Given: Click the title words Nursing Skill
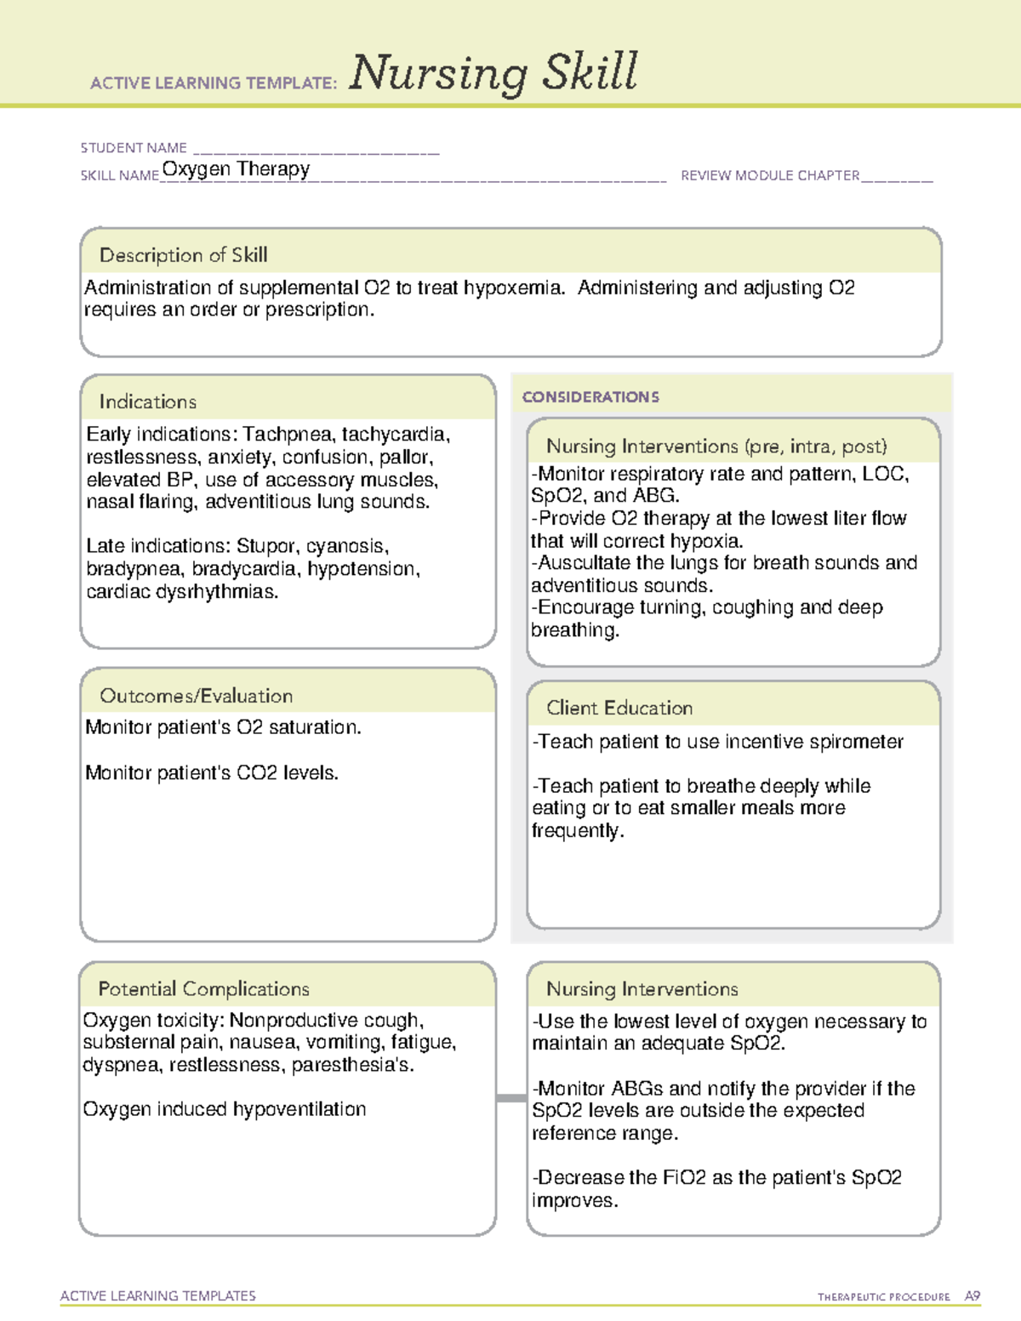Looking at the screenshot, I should coord(493,73).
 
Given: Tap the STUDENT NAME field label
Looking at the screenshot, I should coord(134,148).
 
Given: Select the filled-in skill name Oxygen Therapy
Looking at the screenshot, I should coord(236,169).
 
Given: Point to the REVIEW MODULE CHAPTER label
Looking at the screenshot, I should coord(770,175).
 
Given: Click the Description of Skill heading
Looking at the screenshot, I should coord(183,255).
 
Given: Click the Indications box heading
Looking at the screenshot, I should coord(147,401).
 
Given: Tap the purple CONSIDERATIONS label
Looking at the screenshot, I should coord(590,397).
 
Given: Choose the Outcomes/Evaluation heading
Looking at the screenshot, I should coord(196,696).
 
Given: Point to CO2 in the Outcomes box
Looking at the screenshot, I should coord(257,773).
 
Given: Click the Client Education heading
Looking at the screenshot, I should coord(619,708).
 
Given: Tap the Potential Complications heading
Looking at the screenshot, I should coord(203,989).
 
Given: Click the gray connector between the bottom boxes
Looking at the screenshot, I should coord(511,1098).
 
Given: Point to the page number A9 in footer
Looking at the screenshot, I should coord(973,1296).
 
